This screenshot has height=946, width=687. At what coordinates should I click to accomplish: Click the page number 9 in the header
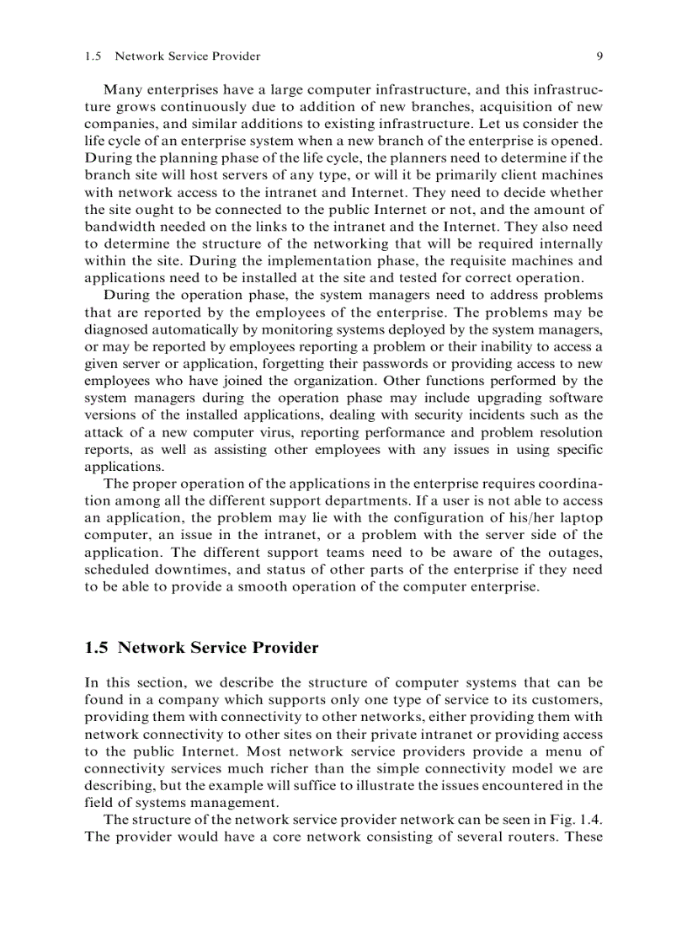point(599,56)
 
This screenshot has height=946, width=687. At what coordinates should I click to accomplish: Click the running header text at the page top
point(173,56)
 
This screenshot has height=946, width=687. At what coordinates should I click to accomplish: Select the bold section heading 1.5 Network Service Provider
point(202,648)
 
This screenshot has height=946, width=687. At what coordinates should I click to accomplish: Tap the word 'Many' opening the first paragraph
point(121,89)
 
